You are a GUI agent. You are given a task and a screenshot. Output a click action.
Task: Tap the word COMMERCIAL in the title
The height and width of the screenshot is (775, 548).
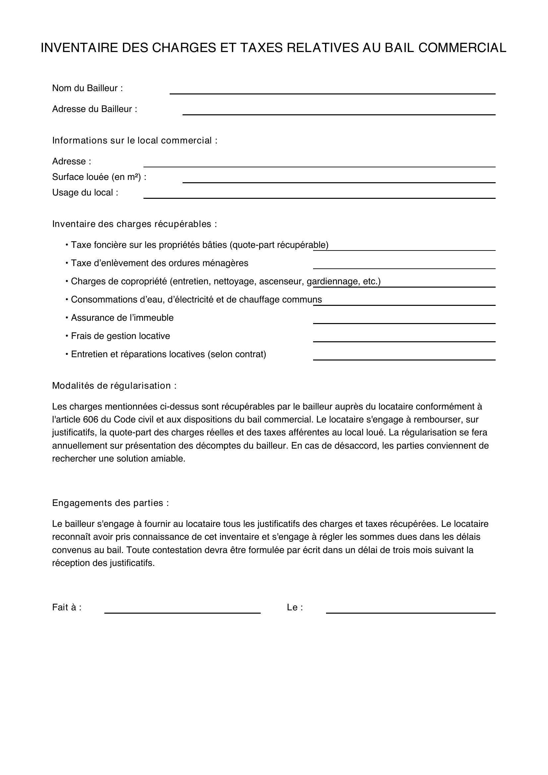pos(462,48)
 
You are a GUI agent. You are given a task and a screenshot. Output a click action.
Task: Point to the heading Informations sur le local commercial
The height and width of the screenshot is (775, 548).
pos(135,140)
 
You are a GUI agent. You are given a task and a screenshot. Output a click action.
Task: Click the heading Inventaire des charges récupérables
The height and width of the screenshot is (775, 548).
pos(134,224)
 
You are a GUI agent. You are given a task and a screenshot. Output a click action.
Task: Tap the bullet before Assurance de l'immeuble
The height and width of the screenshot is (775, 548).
pos(67,318)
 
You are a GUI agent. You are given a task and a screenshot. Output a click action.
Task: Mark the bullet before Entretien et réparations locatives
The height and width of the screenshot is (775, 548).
pos(67,354)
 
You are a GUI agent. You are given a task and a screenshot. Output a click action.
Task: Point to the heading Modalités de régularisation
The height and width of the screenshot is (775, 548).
pos(114,385)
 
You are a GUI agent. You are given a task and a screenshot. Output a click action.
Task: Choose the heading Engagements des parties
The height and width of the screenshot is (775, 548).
pos(110,503)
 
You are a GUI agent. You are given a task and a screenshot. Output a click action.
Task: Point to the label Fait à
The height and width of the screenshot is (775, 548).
pos(67,607)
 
